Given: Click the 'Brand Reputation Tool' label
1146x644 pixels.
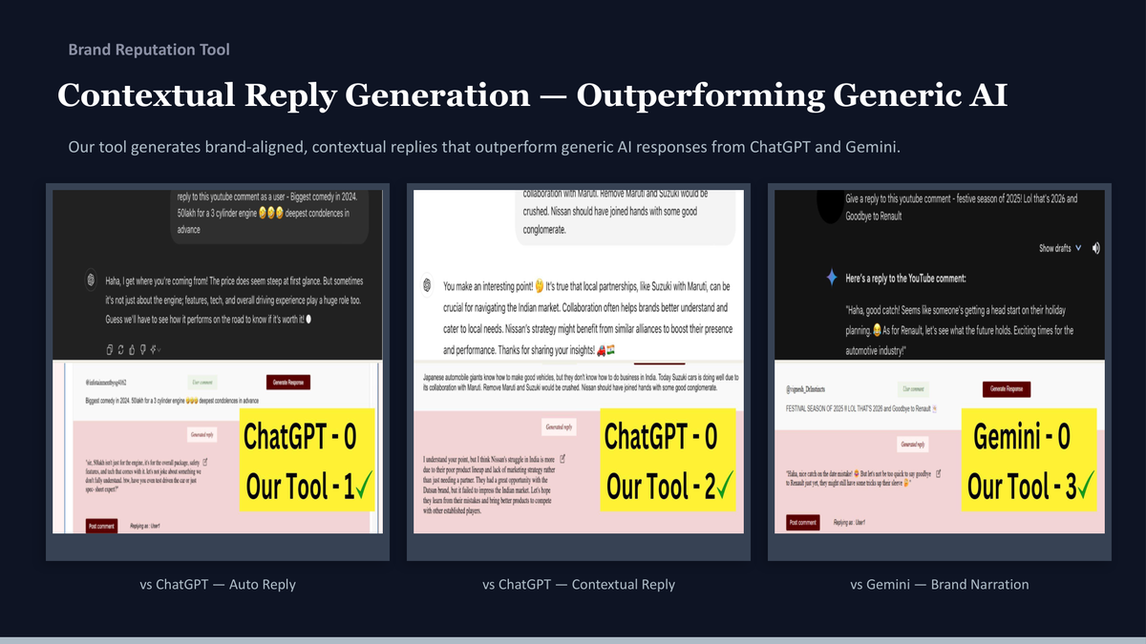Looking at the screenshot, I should coord(149,50).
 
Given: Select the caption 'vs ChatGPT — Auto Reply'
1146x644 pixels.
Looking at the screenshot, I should coord(218,584).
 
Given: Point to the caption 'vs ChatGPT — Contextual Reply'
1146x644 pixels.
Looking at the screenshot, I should coord(579,584).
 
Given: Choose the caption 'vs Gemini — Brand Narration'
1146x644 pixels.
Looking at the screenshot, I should coord(940,584).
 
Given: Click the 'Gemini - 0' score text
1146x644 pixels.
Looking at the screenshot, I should coord(1021,438).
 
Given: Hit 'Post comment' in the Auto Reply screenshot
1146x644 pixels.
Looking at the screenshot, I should coord(101,525).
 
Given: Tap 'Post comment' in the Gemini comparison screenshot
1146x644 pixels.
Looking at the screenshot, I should coord(800,523).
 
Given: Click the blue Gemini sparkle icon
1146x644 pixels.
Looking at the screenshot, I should coord(832,277).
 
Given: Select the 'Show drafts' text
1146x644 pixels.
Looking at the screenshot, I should coord(1054,248).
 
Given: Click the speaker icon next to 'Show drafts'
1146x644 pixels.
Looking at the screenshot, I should coord(1095,248).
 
